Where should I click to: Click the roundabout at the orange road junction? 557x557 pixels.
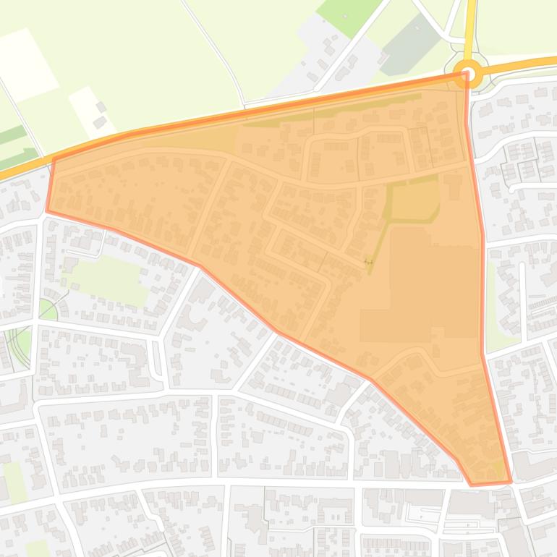coord(469,74)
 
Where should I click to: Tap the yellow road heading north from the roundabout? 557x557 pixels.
coord(471,29)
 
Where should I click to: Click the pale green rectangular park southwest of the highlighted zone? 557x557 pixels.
coord(109,279)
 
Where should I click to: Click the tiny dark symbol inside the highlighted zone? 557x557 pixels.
coord(368,261)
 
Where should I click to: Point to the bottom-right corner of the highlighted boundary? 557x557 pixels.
coord(511,481)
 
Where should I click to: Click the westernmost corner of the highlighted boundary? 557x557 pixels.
coord(48,211)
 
